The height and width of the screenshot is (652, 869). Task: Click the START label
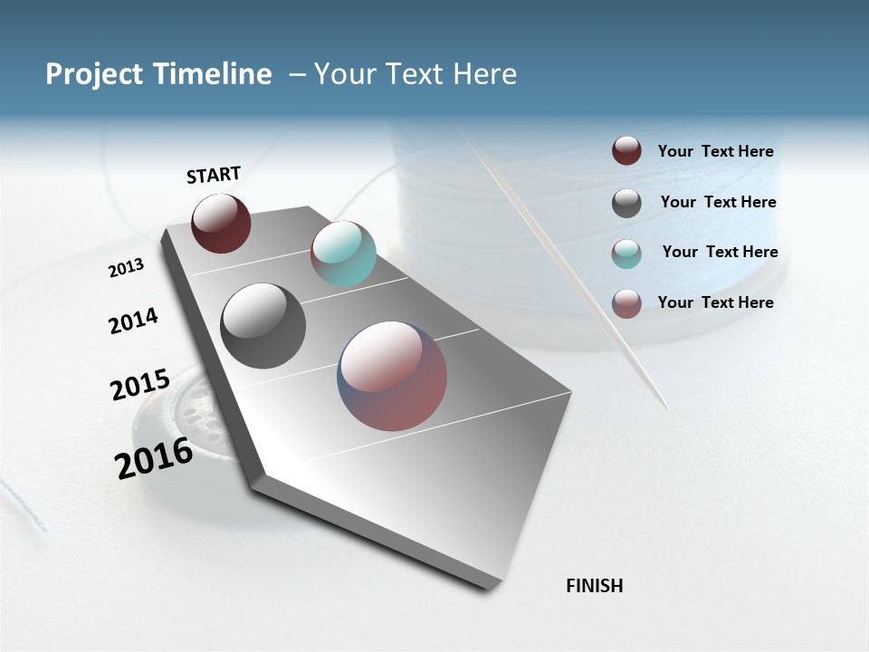214,175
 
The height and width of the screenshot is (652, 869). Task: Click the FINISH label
594,586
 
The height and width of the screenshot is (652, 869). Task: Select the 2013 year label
126,268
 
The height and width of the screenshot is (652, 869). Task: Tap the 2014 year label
133,321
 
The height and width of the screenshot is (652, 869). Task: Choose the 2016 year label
154,457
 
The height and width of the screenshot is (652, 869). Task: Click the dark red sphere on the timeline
221,224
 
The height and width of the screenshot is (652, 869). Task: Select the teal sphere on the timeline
343,254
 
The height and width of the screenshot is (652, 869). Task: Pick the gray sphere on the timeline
263,326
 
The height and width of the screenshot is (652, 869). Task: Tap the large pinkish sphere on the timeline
392,376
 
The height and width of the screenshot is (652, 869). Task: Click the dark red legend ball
626,151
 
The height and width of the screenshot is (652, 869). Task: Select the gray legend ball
626,203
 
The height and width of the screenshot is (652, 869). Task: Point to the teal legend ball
626,254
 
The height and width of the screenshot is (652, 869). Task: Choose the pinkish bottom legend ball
626,303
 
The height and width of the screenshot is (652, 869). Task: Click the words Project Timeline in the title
158,74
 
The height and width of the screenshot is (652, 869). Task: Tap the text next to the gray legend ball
718,202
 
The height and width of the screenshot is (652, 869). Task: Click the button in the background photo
181,426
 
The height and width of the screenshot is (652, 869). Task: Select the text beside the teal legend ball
720,252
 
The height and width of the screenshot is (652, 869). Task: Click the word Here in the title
484,74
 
